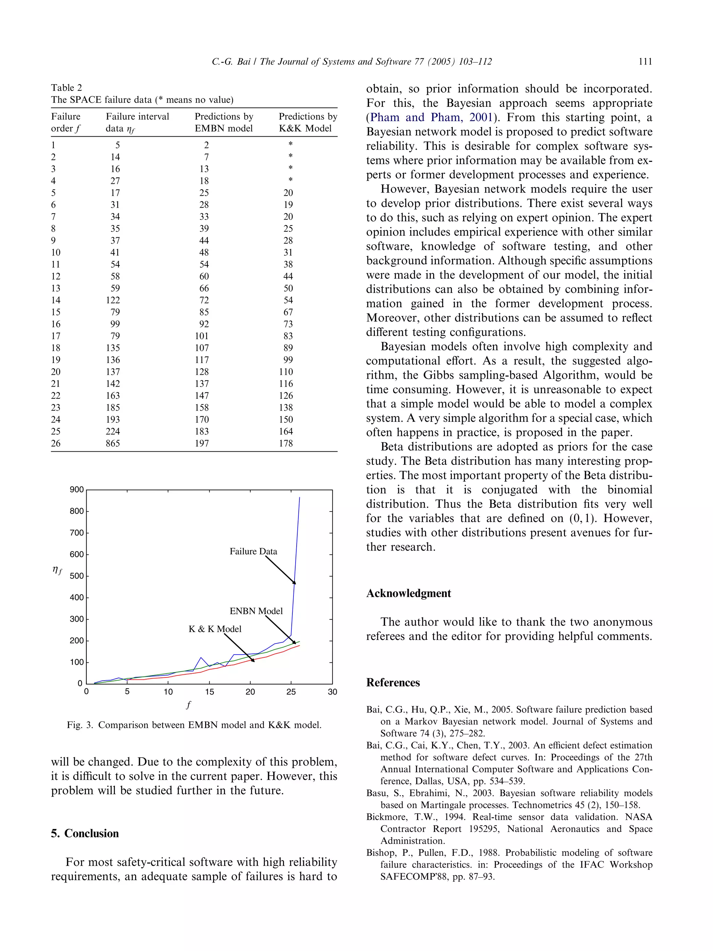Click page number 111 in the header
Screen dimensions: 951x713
[645, 62]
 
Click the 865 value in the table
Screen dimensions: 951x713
[113, 443]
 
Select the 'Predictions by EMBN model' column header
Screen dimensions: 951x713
[224, 122]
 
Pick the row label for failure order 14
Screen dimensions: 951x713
[56, 300]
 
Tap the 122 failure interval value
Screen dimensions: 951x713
[113, 300]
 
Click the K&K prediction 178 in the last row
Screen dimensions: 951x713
[286, 443]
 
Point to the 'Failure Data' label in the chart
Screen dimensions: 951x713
[253, 551]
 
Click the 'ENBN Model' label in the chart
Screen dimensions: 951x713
[256, 611]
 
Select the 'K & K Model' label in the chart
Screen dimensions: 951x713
[215, 629]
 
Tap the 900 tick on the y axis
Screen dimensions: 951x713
[77, 490]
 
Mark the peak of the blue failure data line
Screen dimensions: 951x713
[299, 498]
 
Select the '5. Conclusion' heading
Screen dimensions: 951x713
[85, 833]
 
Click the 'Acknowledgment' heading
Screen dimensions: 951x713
[408, 593]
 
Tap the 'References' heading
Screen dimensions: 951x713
[393, 683]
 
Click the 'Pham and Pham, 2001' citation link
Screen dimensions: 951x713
[431, 117]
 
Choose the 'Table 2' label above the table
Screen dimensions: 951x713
[66, 88]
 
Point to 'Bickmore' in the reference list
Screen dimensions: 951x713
[386, 817]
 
